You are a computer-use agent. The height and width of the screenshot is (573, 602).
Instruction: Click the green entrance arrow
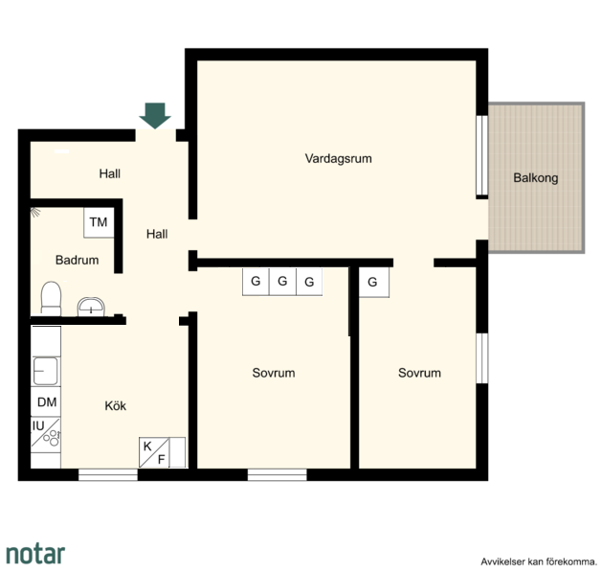(x=155, y=116)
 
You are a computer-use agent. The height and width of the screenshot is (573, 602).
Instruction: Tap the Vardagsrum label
(x=338, y=159)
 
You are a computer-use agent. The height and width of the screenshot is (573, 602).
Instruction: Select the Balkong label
(x=536, y=178)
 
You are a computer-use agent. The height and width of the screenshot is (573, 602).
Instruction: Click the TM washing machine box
(x=99, y=222)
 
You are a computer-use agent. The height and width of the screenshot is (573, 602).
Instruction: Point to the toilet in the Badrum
(x=51, y=299)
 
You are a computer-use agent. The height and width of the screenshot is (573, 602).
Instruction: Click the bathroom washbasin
(x=91, y=307)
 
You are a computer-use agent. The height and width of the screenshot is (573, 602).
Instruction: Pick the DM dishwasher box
(x=46, y=402)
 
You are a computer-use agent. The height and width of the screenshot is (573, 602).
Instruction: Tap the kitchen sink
(x=45, y=371)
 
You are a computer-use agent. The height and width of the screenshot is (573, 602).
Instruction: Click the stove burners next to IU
(x=52, y=437)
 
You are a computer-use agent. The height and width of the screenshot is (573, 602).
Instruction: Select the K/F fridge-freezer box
(x=154, y=452)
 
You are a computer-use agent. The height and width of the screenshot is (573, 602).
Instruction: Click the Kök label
(x=115, y=406)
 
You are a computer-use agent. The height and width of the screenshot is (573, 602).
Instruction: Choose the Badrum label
(x=77, y=261)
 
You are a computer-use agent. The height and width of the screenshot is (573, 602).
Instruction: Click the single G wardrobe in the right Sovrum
(x=373, y=282)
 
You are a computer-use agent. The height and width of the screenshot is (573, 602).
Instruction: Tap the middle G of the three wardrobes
(x=282, y=282)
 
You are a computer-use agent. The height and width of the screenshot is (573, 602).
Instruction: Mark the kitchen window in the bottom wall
(x=108, y=474)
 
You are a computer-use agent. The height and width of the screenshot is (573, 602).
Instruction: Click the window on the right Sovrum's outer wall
(x=481, y=358)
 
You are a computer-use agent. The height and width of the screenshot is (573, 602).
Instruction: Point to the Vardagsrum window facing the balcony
(x=481, y=155)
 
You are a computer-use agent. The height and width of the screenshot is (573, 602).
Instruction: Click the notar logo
(x=35, y=554)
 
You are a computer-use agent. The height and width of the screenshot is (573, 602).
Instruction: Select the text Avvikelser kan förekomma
(x=539, y=562)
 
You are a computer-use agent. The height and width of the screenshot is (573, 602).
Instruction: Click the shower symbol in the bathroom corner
(x=35, y=212)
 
